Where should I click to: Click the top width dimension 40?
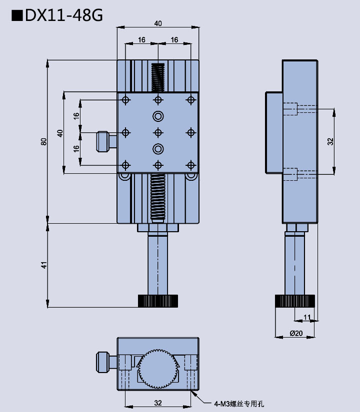tap(158, 23)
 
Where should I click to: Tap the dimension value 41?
tap(44, 265)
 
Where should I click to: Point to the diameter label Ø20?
tap(296, 333)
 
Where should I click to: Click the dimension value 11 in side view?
tap(307, 317)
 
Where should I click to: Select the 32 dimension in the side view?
tap(330, 141)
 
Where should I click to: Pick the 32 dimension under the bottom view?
tap(158, 403)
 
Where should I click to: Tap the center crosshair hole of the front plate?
tap(158, 132)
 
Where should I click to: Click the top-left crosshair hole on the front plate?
tap(125, 100)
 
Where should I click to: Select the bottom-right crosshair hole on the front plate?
tap(190, 165)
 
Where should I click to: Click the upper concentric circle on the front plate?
tap(158, 116)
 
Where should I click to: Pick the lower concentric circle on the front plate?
tap(158, 148)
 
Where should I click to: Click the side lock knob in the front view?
tap(103, 141)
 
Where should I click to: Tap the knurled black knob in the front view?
tap(157, 301)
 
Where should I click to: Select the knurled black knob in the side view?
tap(295, 301)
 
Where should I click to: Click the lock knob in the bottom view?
tap(103, 362)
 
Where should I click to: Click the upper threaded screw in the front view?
tap(158, 77)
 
